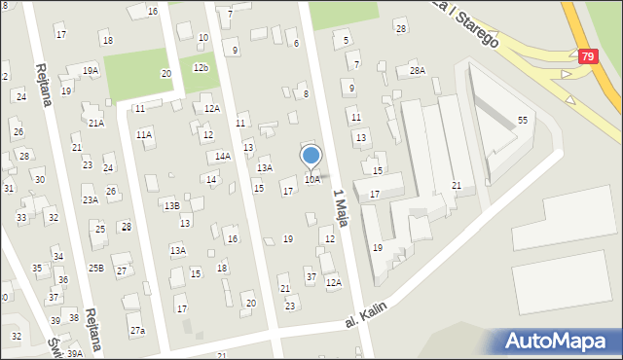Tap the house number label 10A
311,179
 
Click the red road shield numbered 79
586,57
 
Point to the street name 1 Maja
340,206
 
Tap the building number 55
523,119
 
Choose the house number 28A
418,70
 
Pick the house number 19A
91,70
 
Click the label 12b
201,67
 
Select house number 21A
95,123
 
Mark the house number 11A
144,134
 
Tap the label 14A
223,156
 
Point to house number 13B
171,205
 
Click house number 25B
95,268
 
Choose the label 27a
137,331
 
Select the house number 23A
90,199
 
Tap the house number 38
73,318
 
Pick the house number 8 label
306,93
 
